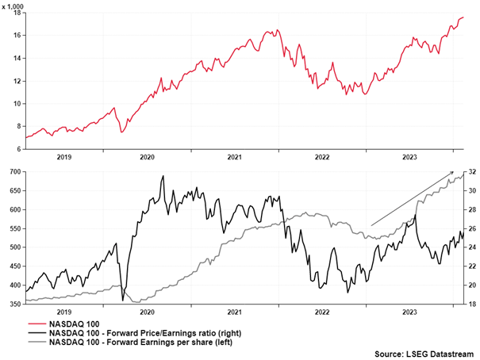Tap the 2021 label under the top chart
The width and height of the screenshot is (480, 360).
coord(235,158)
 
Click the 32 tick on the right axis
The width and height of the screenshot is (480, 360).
coord(470,172)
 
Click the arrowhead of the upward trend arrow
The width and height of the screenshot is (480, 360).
coord(453,172)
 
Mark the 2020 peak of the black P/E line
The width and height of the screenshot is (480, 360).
coord(163,176)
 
